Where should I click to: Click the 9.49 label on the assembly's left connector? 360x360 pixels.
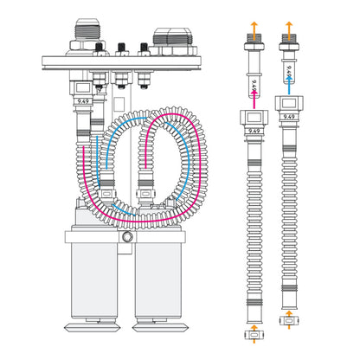(x=82, y=100)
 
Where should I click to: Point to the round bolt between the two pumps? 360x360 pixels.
(x=129, y=236)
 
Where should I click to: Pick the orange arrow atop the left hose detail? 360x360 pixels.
(x=254, y=25)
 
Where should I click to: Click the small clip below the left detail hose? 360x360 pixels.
(x=254, y=331)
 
